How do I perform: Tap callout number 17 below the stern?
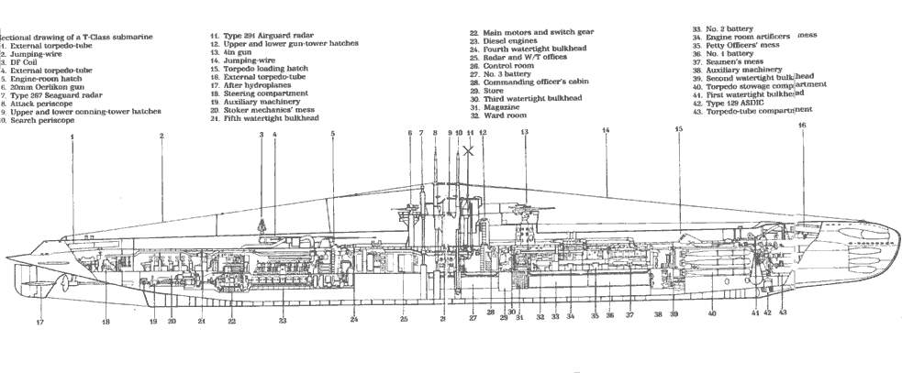[x=39, y=323]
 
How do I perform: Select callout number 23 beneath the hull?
[x=283, y=321]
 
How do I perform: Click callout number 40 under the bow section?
[x=711, y=313]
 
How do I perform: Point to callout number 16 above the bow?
[x=802, y=126]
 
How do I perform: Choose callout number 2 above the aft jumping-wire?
[x=161, y=137]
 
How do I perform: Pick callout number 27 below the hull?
[x=473, y=318]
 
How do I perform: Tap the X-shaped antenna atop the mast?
[x=469, y=150]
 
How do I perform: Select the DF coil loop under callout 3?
[x=262, y=223]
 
